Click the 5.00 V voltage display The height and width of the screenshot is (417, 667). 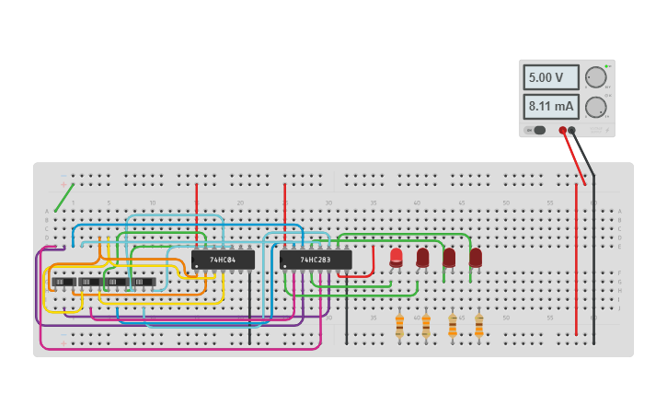click(551, 77)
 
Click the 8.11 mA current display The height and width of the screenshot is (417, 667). click(551, 107)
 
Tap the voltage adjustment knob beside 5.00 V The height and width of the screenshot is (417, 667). click(595, 77)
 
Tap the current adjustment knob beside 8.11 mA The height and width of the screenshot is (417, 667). click(595, 107)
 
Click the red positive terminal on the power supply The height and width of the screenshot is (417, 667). click(563, 131)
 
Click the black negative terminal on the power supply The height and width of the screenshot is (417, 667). click(572, 131)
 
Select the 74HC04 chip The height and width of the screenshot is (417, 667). click(223, 260)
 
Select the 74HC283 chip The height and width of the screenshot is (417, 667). click(316, 260)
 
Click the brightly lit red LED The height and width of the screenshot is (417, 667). click(396, 257)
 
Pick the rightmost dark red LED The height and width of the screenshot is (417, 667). click(476, 257)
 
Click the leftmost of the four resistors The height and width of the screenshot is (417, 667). click(399, 325)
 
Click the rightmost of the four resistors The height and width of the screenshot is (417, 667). click(478, 325)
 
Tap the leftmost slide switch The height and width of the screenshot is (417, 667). click(63, 282)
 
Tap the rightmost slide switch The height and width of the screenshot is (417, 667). click(144, 282)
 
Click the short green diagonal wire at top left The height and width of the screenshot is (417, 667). click(63, 197)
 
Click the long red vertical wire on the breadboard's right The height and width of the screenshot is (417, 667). click(577, 258)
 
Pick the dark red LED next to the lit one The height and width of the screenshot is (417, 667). click(422, 257)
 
